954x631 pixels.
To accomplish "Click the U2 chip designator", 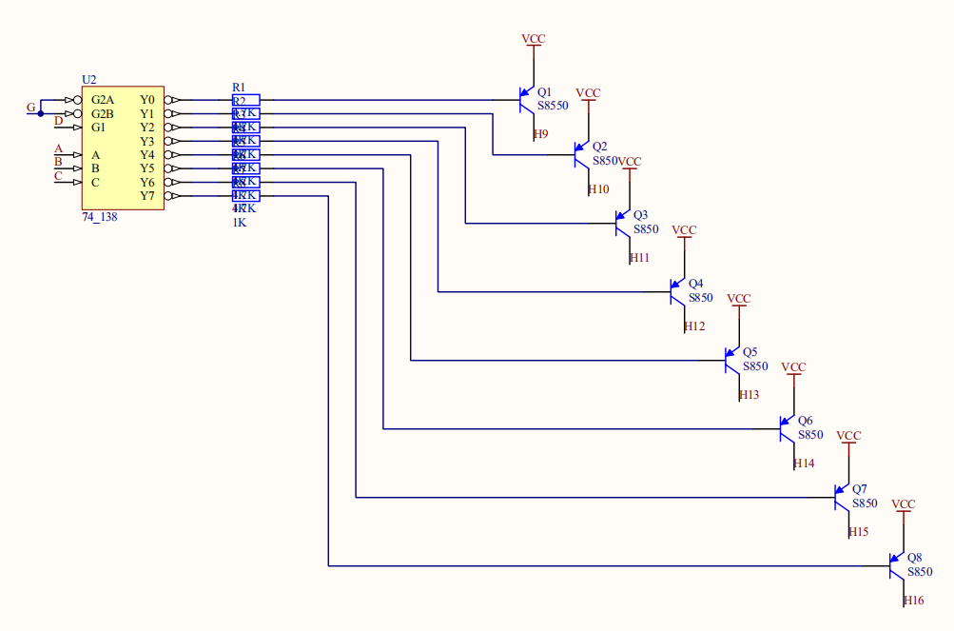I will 89,80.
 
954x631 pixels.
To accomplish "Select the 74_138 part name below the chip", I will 100,217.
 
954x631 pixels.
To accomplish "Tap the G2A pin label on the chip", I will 103,100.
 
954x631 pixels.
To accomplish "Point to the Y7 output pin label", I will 147,196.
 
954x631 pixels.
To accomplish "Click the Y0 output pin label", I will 147,100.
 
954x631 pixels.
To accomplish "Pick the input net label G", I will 31,108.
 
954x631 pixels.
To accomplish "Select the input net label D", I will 58,121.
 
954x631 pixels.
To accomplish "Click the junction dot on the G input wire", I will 41,113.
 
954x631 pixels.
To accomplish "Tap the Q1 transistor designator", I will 544,92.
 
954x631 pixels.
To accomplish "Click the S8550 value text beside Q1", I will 552,106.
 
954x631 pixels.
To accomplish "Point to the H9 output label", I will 540,134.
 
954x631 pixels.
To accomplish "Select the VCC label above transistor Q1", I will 534,39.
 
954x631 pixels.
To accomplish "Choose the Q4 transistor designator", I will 695,284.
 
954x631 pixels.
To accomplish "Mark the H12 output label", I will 694,326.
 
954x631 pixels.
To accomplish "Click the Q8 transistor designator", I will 914,558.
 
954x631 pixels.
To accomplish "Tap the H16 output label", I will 913,601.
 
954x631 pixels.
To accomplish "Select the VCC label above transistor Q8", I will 903,504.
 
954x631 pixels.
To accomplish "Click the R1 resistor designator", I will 239,88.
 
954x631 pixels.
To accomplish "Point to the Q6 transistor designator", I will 805,421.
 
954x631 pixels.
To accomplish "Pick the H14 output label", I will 804,463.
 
